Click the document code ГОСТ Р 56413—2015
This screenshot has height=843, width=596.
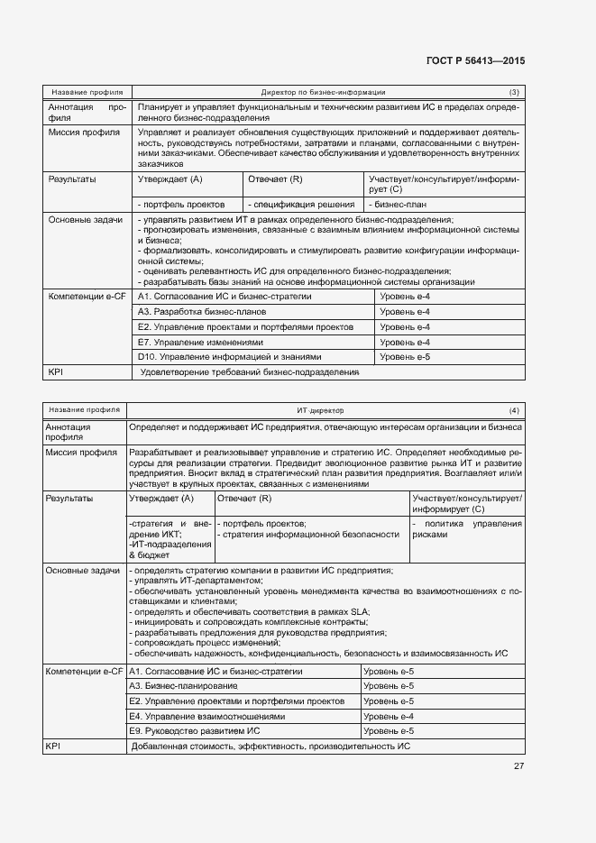[x=474, y=61]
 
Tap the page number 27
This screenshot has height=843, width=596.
[x=518, y=766]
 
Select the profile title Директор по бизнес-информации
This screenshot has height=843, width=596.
[x=323, y=92]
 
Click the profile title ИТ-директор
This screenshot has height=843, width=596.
[x=320, y=410]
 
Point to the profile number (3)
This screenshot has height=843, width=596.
[x=513, y=92]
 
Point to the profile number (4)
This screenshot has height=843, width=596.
[x=513, y=410]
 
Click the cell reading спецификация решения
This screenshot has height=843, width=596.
[x=303, y=205]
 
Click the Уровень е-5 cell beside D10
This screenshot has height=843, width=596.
[x=405, y=357]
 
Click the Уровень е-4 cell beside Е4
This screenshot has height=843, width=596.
[x=388, y=716]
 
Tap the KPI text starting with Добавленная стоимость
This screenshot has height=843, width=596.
[x=270, y=747]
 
